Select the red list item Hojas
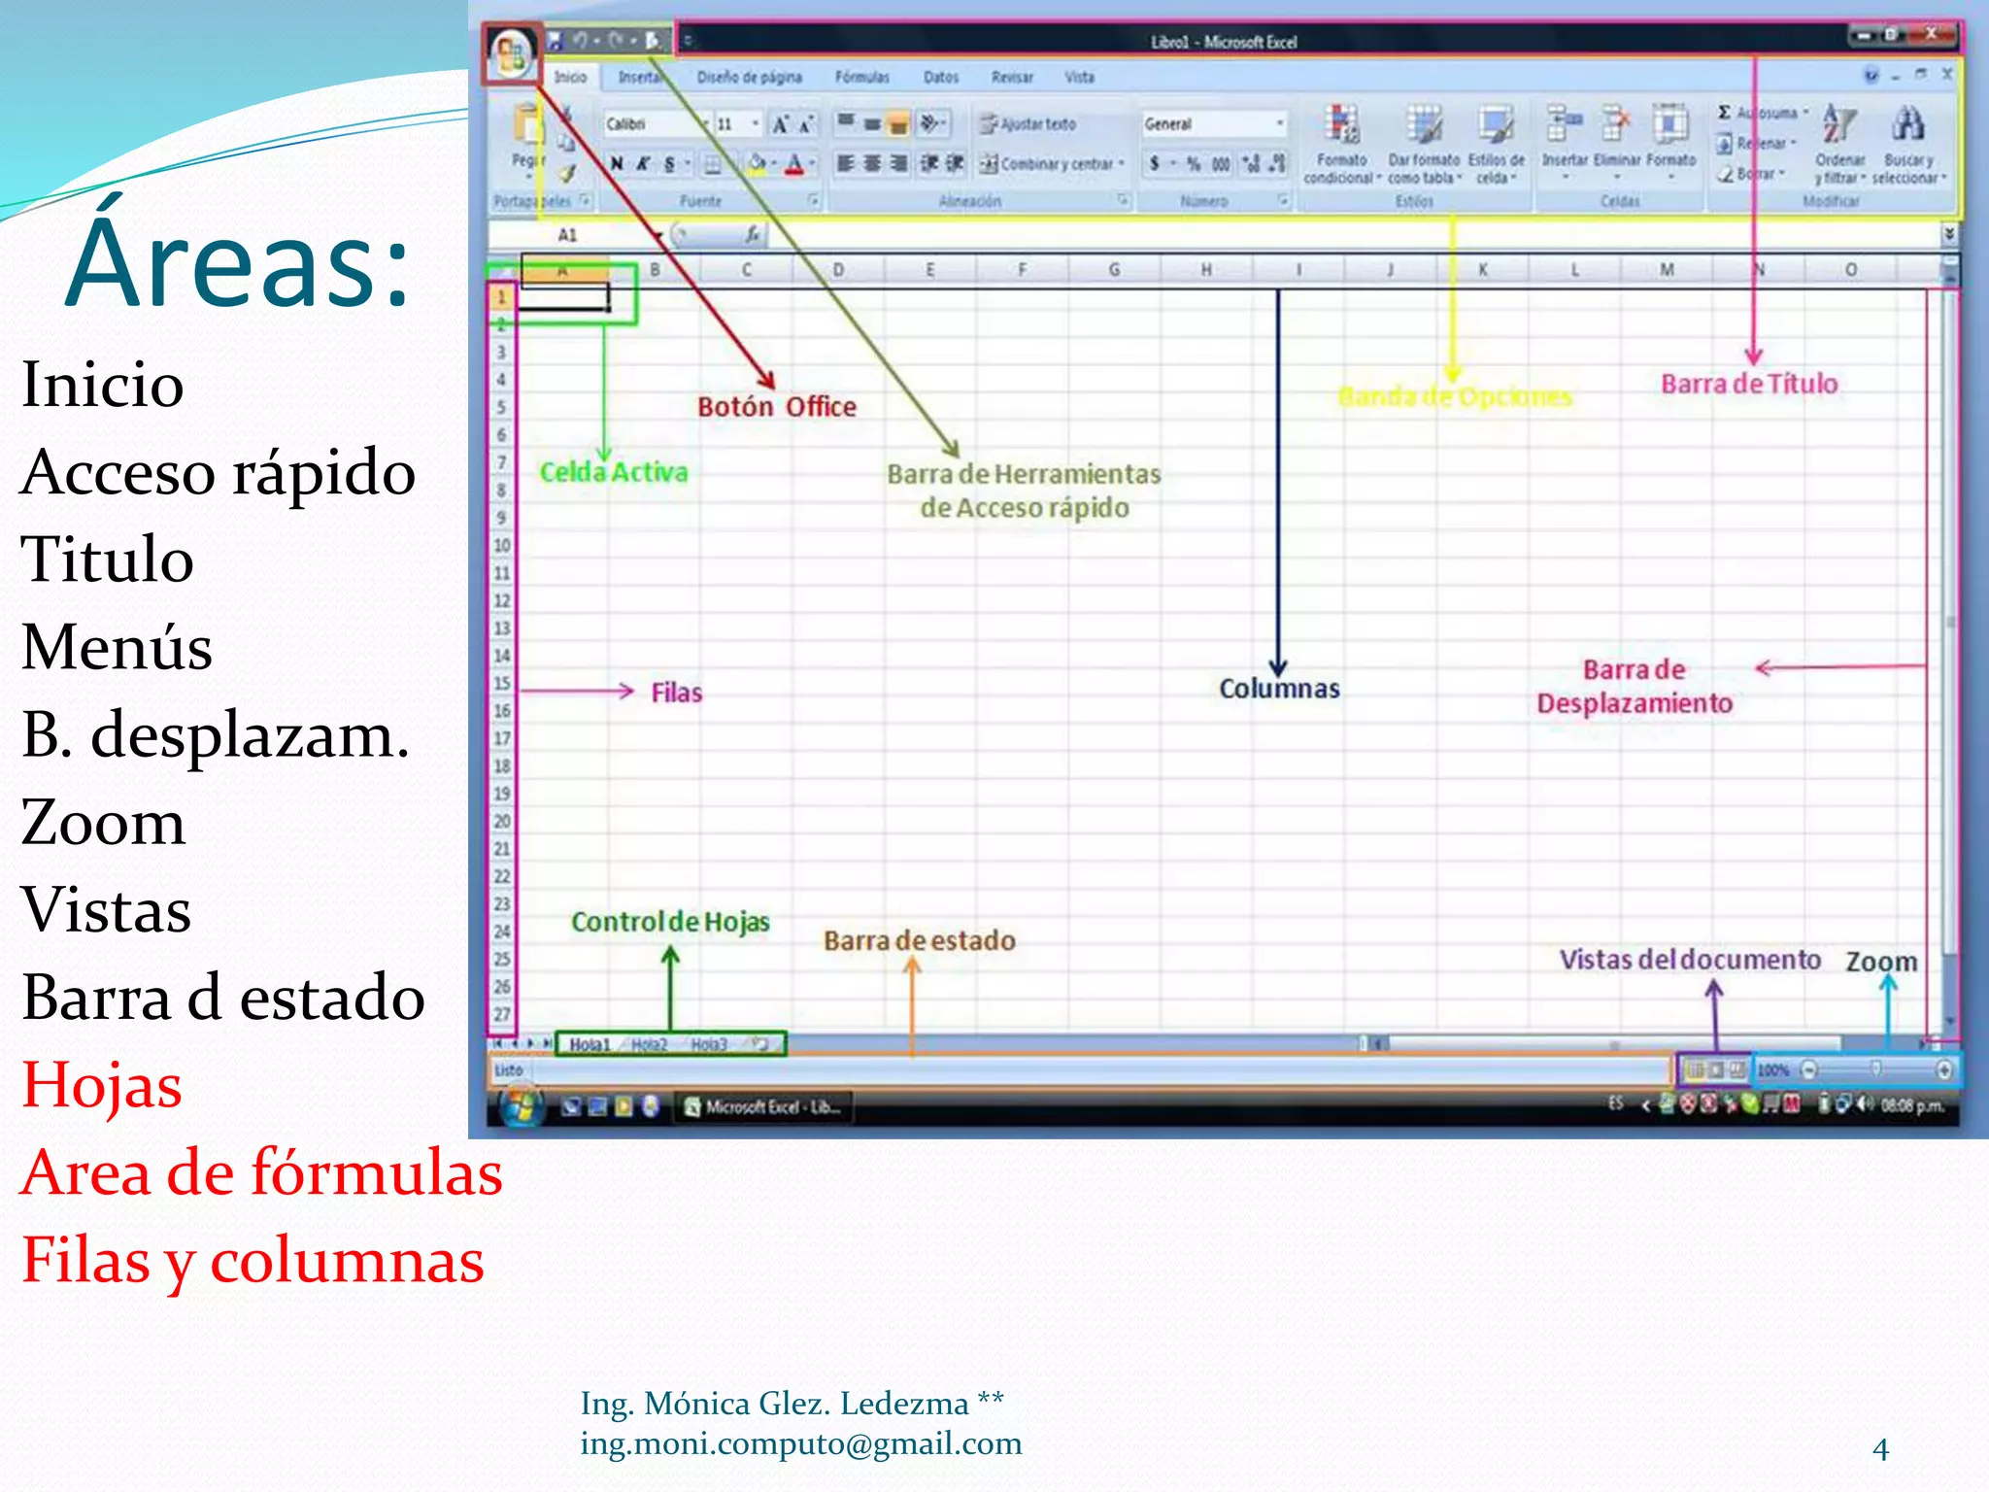tap(102, 1085)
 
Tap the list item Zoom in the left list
tap(103, 823)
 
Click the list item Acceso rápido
tap(219, 473)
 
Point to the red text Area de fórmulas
tap(261, 1172)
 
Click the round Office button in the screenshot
tap(510, 52)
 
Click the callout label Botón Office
tap(777, 407)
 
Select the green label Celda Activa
tap(614, 473)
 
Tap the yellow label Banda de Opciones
tap(1454, 397)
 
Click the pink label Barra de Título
tap(1748, 385)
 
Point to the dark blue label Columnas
tap(1279, 689)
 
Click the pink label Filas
tap(676, 693)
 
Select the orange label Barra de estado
tap(919, 940)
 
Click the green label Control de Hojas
tap(670, 922)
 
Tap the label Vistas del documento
tap(1690, 960)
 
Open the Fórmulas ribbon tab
tap(861, 77)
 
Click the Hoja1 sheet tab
tap(589, 1044)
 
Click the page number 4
tap(1880, 1449)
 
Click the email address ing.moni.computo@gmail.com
tap(801, 1444)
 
